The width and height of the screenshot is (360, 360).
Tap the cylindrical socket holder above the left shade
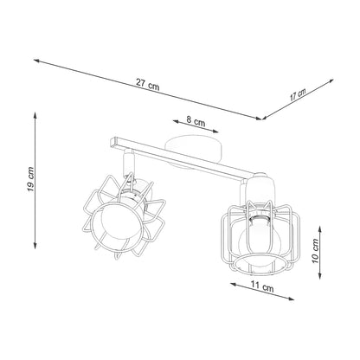130,165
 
